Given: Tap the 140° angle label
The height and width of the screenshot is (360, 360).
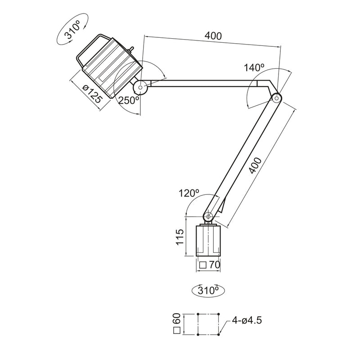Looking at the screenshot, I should click(x=254, y=68).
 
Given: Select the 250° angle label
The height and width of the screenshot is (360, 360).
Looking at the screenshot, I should click(x=128, y=101).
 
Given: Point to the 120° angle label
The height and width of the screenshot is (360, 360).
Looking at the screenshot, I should click(x=189, y=193).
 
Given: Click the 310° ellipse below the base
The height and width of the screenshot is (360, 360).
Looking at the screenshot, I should click(x=208, y=290).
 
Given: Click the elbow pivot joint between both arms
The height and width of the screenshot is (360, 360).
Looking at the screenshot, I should click(x=275, y=97).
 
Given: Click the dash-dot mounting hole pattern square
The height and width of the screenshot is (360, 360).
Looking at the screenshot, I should click(x=208, y=324).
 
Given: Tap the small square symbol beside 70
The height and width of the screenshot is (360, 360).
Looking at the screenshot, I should click(x=203, y=265).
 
